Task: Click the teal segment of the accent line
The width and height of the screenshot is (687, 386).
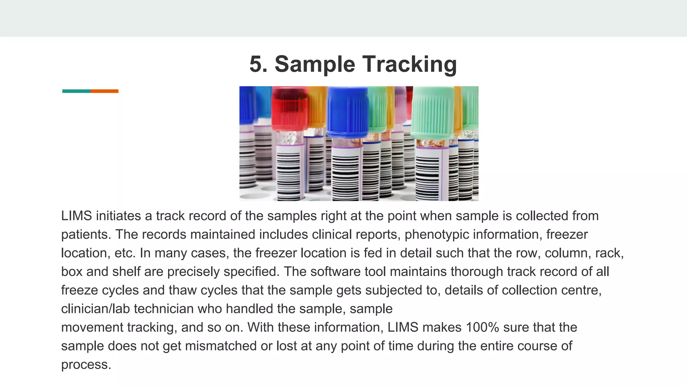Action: coord(76,91)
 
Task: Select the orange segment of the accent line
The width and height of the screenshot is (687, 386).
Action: coord(104,91)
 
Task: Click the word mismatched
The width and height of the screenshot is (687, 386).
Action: coord(221,346)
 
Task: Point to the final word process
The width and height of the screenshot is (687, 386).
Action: coord(86,365)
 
